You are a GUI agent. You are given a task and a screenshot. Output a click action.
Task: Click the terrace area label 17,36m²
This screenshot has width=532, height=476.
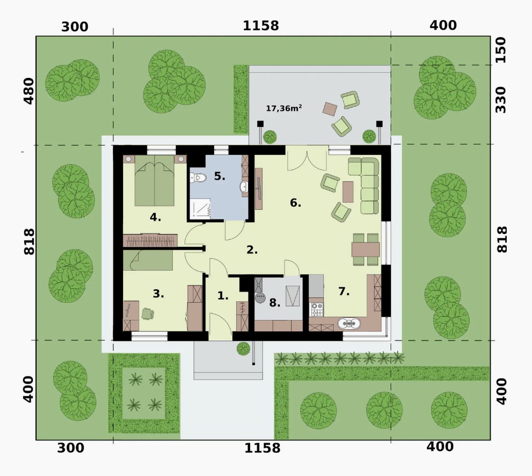pyautogui.click(x=283, y=108)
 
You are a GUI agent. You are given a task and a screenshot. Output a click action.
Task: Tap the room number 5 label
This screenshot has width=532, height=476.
pyautogui.click(x=219, y=176)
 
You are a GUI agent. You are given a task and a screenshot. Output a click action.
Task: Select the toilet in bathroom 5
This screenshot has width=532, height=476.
pyautogui.click(x=198, y=177)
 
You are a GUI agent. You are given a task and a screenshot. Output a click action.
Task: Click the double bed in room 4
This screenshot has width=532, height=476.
pyautogui.click(x=154, y=181)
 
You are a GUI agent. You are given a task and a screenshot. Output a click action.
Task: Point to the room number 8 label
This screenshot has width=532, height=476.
pyautogui.click(x=274, y=303)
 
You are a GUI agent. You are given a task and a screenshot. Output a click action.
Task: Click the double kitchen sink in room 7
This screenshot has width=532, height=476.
pyautogui.click(x=349, y=323)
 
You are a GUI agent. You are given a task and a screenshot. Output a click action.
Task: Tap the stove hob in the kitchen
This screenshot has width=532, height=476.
pyautogui.click(x=316, y=309)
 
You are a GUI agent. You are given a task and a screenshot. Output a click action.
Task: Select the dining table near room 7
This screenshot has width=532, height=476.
pyautogui.click(x=365, y=250)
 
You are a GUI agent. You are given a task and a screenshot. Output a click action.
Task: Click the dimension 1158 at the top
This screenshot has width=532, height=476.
pyautogui.click(x=260, y=25)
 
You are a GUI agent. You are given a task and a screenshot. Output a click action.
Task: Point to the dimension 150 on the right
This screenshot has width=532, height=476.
pyautogui.click(x=501, y=50)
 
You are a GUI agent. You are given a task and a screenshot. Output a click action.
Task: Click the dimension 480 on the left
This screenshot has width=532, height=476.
pyautogui.click(x=29, y=91)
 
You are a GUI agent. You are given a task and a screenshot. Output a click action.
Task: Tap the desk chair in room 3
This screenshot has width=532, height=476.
pyautogui.click(x=147, y=314)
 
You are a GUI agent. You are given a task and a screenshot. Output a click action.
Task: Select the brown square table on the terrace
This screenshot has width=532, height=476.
pyautogui.click(x=330, y=109)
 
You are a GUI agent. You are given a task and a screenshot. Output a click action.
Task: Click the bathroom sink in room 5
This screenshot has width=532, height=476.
pyautogui.click(x=244, y=187)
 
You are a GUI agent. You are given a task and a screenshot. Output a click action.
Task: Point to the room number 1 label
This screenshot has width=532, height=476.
pyautogui.click(x=223, y=295)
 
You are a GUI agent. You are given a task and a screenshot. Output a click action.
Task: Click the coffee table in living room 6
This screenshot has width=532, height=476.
pyautogui.click(x=348, y=192)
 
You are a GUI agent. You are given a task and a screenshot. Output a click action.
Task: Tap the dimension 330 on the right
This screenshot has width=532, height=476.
pyautogui.click(x=501, y=100)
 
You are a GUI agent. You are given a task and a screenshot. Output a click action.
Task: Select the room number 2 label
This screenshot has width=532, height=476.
pyautogui.click(x=252, y=250)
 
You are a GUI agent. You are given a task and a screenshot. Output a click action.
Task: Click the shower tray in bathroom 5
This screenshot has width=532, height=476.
pyautogui.click(x=200, y=208)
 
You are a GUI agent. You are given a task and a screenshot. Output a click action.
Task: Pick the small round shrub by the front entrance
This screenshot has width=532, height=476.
pyautogui.click(x=243, y=349)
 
